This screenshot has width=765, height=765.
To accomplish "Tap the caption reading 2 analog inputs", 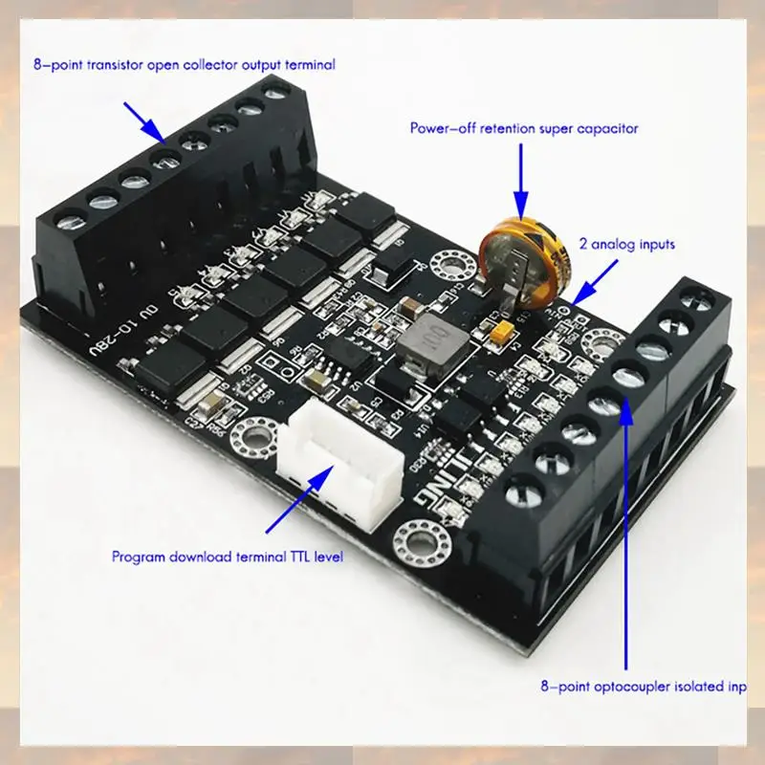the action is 626,245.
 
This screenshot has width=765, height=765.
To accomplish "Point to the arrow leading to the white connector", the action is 296,502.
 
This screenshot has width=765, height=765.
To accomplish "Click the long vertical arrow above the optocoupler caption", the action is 627,526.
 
